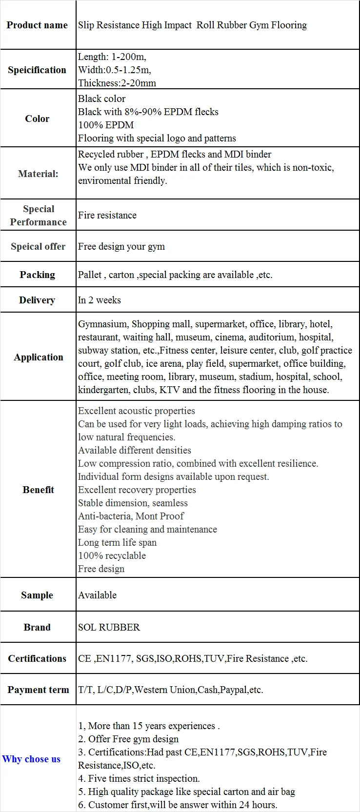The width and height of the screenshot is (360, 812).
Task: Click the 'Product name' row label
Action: tap(37, 25)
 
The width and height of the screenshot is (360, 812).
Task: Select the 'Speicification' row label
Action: tap(37, 70)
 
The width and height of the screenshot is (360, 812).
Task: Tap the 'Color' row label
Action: tap(37, 119)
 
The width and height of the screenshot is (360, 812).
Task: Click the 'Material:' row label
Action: tap(38, 174)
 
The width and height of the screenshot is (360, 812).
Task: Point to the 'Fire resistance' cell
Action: tap(107, 215)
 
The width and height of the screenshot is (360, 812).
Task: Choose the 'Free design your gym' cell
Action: tap(121, 246)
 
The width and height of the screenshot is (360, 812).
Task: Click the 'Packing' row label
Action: tap(37, 275)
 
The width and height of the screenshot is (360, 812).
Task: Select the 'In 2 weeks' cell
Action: tap(100, 300)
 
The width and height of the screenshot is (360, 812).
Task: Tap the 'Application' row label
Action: tap(39, 357)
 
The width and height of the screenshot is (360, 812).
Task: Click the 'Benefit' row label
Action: tap(38, 490)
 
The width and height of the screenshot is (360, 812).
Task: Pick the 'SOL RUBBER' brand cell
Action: tap(109, 627)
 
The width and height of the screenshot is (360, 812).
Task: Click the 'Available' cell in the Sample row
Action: tap(98, 595)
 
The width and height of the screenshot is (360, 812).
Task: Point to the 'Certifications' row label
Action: tap(37, 658)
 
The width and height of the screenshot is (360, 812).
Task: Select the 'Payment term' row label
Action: tap(38, 690)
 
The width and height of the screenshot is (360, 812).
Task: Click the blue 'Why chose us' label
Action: tap(31, 759)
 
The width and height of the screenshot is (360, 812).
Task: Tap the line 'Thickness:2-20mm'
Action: tap(117, 83)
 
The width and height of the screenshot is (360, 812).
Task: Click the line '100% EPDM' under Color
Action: tap(106, 125)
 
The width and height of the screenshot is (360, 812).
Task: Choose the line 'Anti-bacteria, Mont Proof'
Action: tap(131, 516)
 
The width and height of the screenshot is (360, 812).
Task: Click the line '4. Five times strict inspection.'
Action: tap(139, 778)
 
